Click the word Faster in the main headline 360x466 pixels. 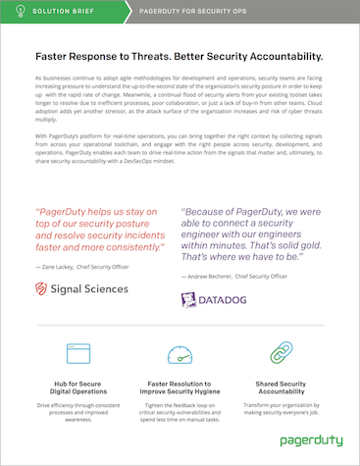point(62,56)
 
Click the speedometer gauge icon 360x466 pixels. point(180,354)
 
